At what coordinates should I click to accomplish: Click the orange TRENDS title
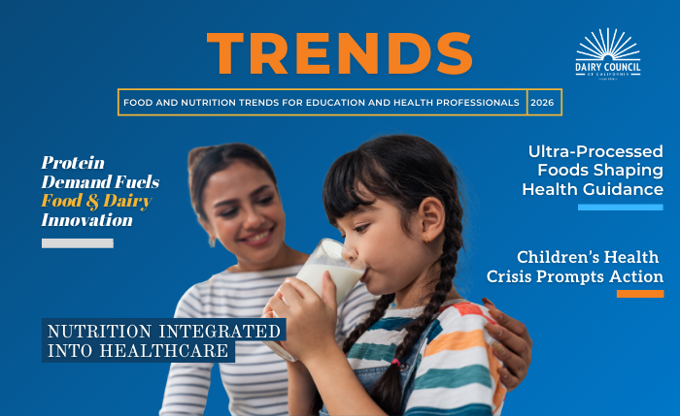coord(339,54)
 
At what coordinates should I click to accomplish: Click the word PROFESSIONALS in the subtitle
coord(466,102)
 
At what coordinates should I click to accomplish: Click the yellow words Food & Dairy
coord(96,202)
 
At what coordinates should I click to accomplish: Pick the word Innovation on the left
coord(86,221)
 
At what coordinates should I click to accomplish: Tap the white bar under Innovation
coord(77,242)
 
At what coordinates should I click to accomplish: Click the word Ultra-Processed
coord(595,152)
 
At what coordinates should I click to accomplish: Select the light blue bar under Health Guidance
coord(620,207)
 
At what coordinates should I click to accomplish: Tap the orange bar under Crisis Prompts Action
coord(639,293)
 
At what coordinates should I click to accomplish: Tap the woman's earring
coord(211,238)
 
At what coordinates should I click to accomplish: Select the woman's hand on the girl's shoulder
coord(507,339)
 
